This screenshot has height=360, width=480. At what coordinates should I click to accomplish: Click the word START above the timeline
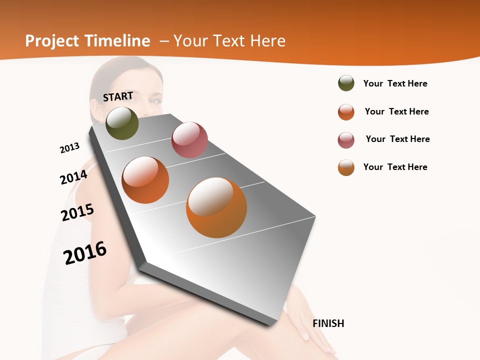(x=118, y=96)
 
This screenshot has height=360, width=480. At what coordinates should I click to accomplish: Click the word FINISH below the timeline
(x=328, y=323)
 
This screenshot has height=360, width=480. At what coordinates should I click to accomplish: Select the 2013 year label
(x=69, y=148)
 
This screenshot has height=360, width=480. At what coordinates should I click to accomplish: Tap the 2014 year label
(x=73, y=177)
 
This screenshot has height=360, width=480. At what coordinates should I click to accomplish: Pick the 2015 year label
(x=77, y=212)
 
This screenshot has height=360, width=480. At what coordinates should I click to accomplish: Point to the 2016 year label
(x=85, y=252)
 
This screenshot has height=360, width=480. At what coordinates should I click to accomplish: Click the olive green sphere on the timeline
(x=122, y=123)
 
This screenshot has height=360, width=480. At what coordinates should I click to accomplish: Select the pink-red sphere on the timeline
(x=189, y=139)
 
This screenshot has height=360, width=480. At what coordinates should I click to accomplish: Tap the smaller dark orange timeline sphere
(x=145, y=179)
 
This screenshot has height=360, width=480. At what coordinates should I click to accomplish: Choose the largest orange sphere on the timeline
(x=216, y=207)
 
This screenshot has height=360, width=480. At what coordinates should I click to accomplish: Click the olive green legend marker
(x=346, y=83)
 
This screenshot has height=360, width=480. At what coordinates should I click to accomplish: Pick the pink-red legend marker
(x=346, y=140)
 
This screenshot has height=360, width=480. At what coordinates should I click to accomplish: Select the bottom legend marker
(x=346, y=167)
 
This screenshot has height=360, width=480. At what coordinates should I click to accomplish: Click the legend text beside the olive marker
(x=395, y=83)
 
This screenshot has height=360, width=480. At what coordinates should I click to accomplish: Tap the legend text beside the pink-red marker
(x=397, y=139)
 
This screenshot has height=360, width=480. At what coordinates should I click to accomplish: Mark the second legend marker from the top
(x=346, y=112)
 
